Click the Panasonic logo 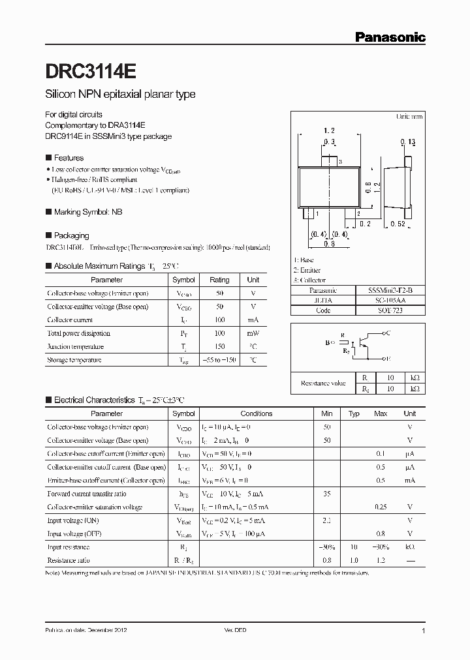(x=390, y=37)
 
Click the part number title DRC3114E (x=91, y=70)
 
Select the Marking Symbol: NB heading (x=87, y=212)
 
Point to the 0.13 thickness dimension (x=409, y=142)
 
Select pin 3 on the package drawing (x=331, y=161)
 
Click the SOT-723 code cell (x=390, y=311)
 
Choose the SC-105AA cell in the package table (x=390, y=301)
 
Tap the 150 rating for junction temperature (x=219, y=346)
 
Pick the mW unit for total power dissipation (x=253, y=333)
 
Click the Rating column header (x=219, y=280)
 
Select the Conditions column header (x=256, y=413)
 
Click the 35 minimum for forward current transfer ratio (x=326, y=494)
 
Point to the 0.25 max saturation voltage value (x=380, y=507)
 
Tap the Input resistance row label (x=69, y=547)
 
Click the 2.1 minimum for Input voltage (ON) (x=326, y=520)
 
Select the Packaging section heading (x=71, y=235)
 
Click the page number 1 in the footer (x=424, y=631)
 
